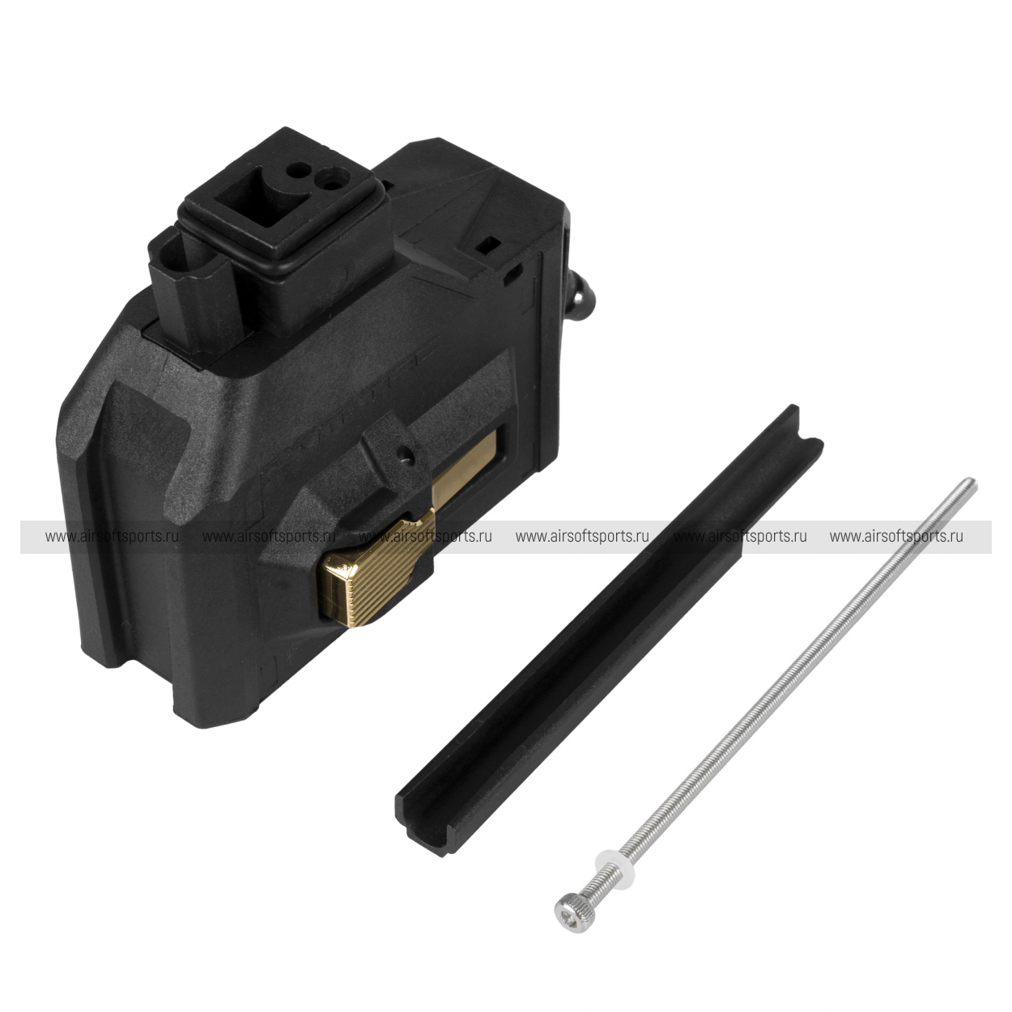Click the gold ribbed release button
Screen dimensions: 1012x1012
[x=379, y=572]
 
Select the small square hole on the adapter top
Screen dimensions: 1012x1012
[x=491, y=242]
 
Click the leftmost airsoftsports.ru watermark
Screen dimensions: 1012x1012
[x=112, y=537]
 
